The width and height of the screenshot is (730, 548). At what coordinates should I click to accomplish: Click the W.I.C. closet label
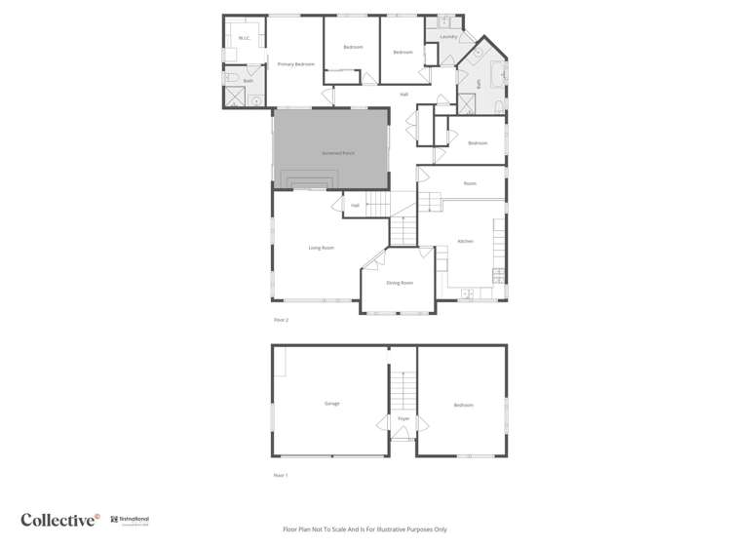tap(244, 39)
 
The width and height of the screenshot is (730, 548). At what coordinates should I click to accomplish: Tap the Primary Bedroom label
tap(295, 64)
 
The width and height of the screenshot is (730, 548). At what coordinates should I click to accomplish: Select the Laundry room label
tap(448, 37)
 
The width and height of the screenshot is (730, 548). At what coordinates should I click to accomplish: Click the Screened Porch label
tap(338, 153)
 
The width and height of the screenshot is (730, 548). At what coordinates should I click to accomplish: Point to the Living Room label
tap(321, 248)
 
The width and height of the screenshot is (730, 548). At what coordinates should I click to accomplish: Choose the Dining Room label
tap(400, 283)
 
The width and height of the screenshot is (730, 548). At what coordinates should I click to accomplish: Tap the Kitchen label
tap(466, 241)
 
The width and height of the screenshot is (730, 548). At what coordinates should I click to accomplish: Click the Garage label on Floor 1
tap(331, 404)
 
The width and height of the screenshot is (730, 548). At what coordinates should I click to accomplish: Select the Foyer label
tap(403, 419)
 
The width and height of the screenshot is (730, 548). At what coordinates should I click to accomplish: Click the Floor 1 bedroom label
tap(463, 405)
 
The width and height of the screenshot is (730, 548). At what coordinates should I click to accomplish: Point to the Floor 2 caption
tap(281, 320)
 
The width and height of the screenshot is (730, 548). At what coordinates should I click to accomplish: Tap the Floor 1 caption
tap(281, 475)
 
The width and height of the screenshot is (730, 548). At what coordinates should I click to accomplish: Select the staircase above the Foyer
tap(403, 390)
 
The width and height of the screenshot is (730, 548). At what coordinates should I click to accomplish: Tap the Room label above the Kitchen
tap(470, 183)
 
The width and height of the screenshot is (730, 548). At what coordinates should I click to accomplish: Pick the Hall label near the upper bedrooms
tap(403, 95)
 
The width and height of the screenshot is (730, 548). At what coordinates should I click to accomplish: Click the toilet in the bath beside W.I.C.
tap(231, 78)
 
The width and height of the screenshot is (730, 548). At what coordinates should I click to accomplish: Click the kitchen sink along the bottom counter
tap(467, 293)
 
